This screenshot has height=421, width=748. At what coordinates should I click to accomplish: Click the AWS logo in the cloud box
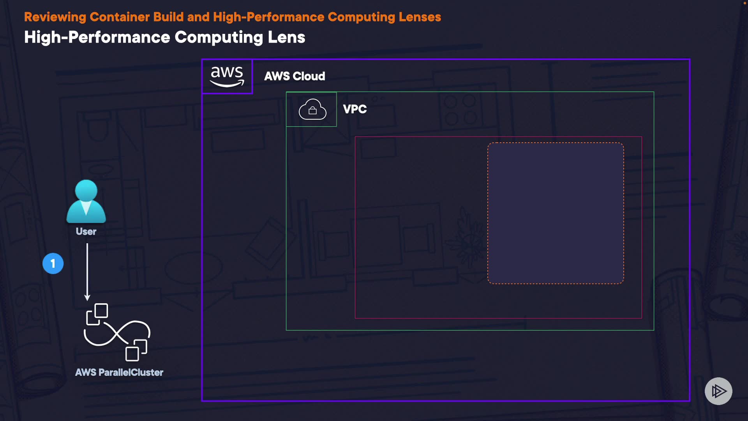pyautogui.click(x=227, y=76)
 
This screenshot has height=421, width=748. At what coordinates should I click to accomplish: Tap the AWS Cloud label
pyautogui.click(x=295, y=76)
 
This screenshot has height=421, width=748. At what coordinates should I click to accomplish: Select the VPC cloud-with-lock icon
pyautogui.click(x=312, y=110)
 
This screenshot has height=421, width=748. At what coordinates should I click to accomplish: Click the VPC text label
pyautogui.click(x=355, y=109)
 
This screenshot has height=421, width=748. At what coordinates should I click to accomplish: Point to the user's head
pyautogui.click(x=86, y=191)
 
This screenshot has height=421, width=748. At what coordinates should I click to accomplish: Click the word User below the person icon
pyautogui.click(x=86, y=232)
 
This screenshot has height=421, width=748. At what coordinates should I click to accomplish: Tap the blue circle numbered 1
pyautogui.click(x=53, y=264)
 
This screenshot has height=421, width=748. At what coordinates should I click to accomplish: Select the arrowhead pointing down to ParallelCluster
pyautogui.click(x=87, y=297)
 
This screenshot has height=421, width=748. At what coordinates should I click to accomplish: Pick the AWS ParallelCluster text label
pyautogui.click(x=119, y=373)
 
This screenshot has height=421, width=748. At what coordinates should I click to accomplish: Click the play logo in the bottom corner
pyautogui.click(x=718, y=391)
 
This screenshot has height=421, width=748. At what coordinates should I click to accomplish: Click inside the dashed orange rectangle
pyautogui.click(x=556, y=213)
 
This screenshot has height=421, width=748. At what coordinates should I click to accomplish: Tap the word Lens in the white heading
pyautogui.click(x=286, y=37)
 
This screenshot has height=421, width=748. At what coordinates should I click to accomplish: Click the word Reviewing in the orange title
pyautogui.click(x=55, y=17)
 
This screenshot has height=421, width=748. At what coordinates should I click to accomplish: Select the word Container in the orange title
pyautogui.click(x=120, y=17)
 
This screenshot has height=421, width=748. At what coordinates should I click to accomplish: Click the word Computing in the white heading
pyautogui.click(x=219, y=37)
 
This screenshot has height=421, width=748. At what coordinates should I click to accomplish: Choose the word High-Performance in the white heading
pyautogui.click(x=97, y=37)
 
